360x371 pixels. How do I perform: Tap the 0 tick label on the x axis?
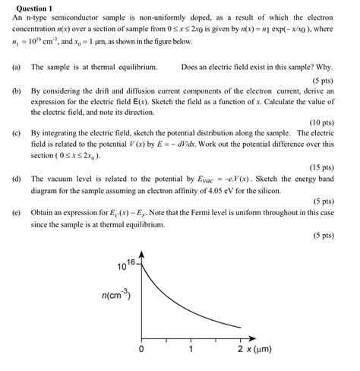(x=141, y=350)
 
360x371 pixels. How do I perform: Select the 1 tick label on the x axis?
(x=191, y=350)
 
